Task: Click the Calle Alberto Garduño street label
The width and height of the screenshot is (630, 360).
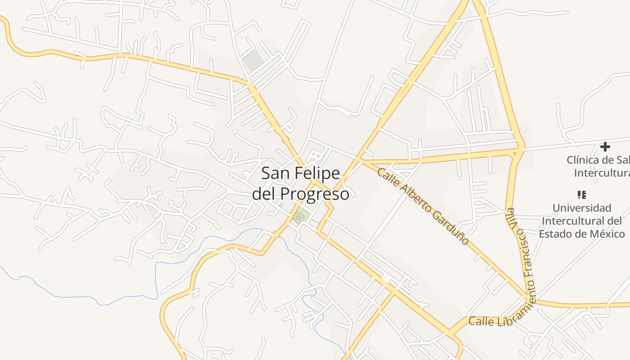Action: pos(423,206)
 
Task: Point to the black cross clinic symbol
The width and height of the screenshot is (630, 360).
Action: pos(605,146)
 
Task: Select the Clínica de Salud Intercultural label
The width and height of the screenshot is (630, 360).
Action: pos(598,166)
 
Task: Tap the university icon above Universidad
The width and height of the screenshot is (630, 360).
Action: pos(581,195)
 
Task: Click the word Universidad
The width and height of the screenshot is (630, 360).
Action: pos(581,208)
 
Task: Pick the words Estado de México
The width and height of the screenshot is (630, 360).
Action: pos(582,234)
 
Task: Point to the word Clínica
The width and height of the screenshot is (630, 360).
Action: pos(582,160)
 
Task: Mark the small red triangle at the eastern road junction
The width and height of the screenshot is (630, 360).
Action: pos(514,154)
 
